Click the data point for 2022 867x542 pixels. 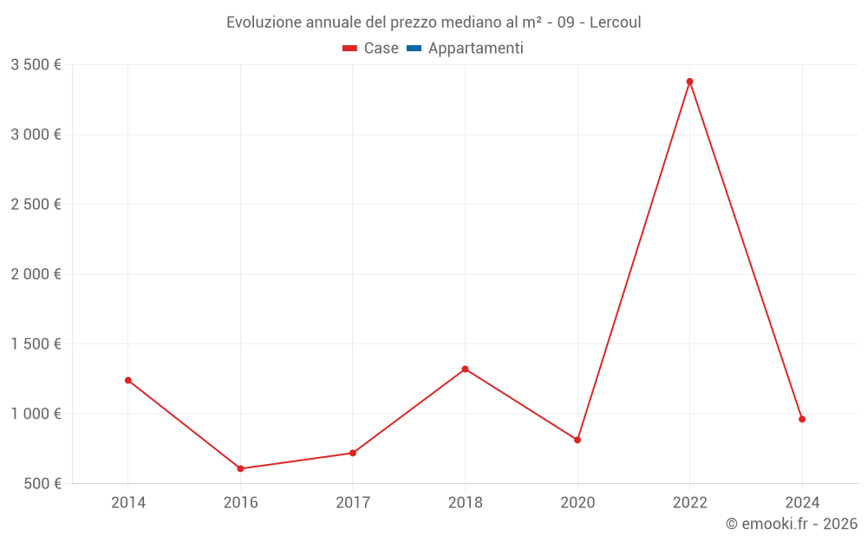pyautogui.click(x=689, y=82)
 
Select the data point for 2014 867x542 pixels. pyautogui.click(x=128, y=380)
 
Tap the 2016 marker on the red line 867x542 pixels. pyautogui.click(x=240, y=468)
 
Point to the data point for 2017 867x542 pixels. pyautogui.click(x=353, y=453)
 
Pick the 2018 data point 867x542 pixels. pyautogui.click(x=465, y=369)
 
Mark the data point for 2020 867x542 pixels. pyautogui.click(x=577, y=440)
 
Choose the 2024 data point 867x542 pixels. pyautogui.click(x=802, y=419)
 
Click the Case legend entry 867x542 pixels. pyautogui.click(x=371, y=49)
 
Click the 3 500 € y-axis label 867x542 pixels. pyautogui.click(x=36, y=65)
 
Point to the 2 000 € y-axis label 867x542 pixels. pyautogui.click(x=36, y=274)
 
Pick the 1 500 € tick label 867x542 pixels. pyautogui.click(x=36, y=343)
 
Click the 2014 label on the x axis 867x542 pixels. pyautogui.click(x=128, y=503)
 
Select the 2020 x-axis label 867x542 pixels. pyautogui.click(x=577, y=503)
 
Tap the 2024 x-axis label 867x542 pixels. pyautogui.click(x=802, y=503)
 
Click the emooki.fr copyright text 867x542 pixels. pyautogui.click(x=792, y=524)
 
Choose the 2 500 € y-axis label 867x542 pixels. pyautogui.click(x=36, y=205)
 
